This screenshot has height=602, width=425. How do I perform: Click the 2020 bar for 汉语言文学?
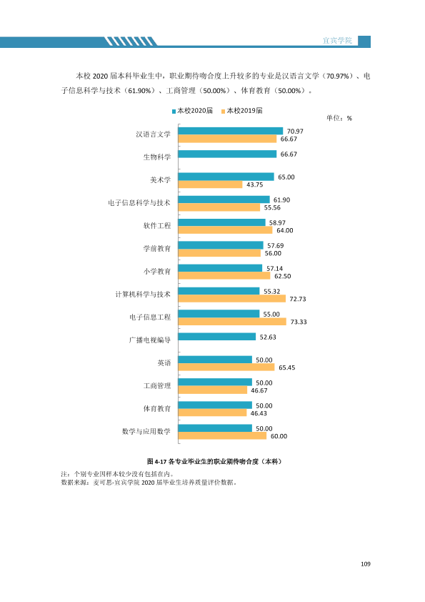point(231,131)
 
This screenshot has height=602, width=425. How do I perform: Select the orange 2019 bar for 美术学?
point(210,184)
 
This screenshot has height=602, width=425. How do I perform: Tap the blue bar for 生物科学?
point(227,154)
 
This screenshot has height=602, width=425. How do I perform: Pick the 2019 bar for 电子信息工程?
point(232,322)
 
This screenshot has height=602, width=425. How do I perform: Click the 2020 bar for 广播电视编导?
point(217,337)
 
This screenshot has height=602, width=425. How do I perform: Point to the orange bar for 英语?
point(226,367)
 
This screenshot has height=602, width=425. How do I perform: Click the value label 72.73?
point(298,299)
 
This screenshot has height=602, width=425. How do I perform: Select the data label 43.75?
point(255,184)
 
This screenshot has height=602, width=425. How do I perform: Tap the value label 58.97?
point(277,222)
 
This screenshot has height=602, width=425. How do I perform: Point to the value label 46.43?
point(259,413)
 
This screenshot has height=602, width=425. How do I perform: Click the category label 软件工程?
point(157,226)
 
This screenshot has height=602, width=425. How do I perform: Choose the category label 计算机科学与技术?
point(143,295)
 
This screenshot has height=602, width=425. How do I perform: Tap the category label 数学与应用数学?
point(146,432)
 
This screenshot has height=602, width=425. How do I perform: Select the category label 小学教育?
point(157,272)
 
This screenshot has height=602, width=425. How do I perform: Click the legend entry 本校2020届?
point(192,111)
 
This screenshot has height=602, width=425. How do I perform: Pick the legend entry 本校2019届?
point(242,111)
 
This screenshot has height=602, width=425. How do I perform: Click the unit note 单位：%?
point(339,118)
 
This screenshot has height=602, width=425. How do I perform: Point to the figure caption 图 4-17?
point(157,461)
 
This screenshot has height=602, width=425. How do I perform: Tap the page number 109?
point(366,563)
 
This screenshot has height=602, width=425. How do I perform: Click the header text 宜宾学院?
point(337,40)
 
